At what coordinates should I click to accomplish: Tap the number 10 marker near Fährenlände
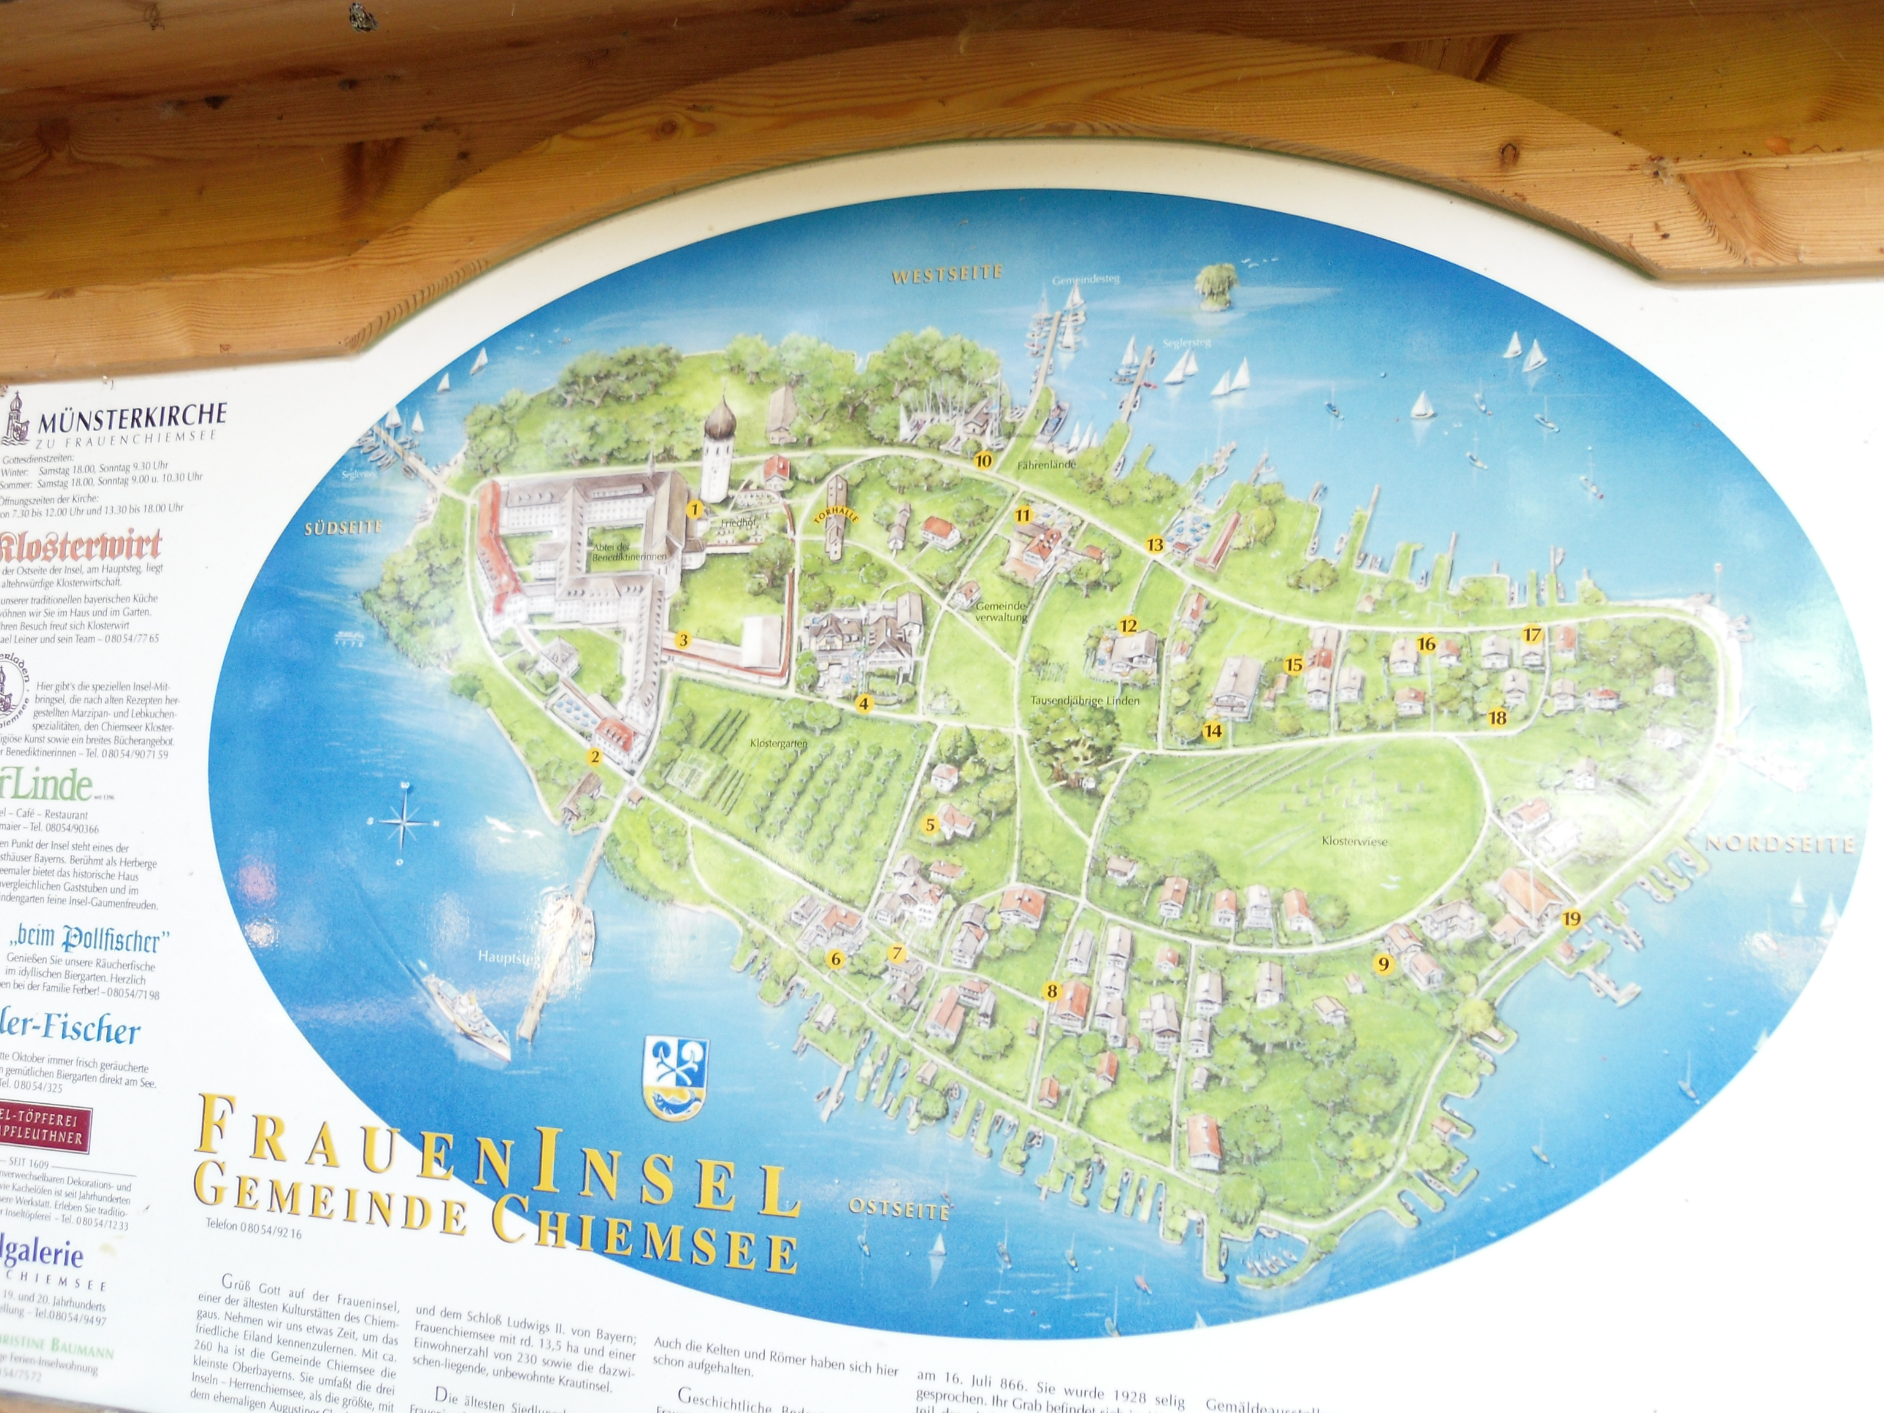983,461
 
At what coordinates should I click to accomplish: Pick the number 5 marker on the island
931,824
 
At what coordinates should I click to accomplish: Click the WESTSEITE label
947,274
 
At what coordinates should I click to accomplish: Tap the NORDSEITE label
1779,844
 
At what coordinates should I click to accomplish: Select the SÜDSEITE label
342,528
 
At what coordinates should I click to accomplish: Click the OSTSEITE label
898,1210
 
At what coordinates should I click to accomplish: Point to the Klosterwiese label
1354,841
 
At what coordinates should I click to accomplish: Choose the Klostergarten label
778,743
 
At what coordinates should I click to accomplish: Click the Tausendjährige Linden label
1084,701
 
